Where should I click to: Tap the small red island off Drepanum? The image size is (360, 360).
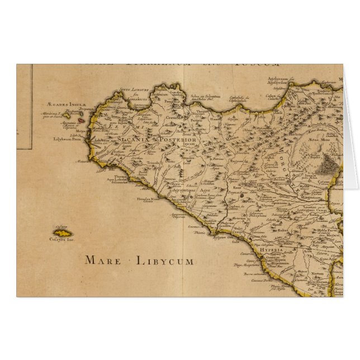[x=82, y=119]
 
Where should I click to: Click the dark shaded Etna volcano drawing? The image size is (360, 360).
[x=328, y=164]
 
